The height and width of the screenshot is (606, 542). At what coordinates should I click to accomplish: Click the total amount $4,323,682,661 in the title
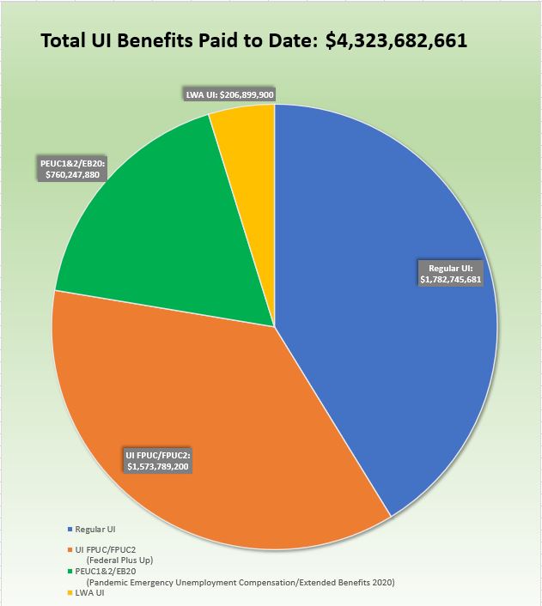(396, 41)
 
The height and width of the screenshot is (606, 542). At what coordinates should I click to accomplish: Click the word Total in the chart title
(66, 41)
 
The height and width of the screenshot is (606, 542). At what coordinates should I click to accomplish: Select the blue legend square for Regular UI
(70, 530)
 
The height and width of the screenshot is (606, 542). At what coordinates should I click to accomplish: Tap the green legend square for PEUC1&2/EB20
(70, 572)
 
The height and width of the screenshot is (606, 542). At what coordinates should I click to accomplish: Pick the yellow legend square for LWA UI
(70, 592)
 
